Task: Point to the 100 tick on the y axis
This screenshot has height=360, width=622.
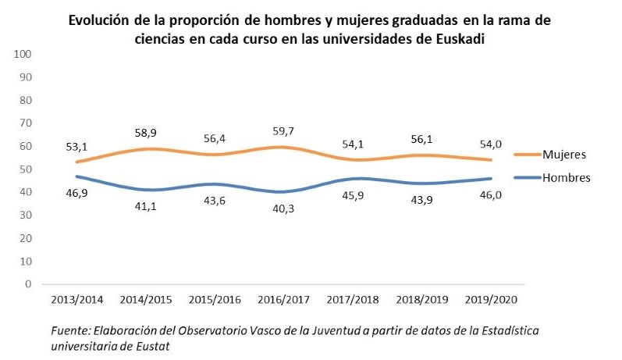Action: click(22, 54)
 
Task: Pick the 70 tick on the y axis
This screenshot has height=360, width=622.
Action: click(24, 123)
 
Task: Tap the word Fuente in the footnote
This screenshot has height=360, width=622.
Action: click(69, 330)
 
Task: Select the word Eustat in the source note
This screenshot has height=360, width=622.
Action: click(158, 344)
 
